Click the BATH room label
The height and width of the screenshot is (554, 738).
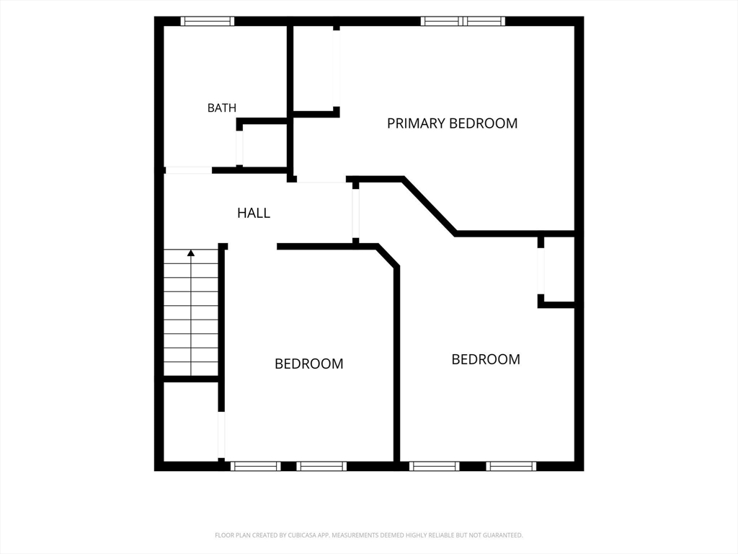click(x=222, y=108)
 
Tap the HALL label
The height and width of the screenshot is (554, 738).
click(x=254, y=213)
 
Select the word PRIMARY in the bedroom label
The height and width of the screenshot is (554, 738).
click(x=416, y=123)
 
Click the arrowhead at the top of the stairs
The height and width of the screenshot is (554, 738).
click(x=190, y=253)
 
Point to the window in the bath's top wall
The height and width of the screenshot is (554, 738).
click(x=208, y=21)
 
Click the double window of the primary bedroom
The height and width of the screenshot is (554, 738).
click(x=463, y=21)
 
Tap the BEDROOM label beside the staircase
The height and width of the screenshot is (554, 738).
click(x=308, y=364)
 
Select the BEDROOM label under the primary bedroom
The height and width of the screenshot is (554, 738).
click(x=486, y=359)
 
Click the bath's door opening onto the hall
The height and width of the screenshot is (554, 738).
click(x=188, y=170)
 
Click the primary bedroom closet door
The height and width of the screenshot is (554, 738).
click(x=336, y=69)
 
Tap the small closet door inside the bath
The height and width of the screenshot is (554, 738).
click(x=239, y=147)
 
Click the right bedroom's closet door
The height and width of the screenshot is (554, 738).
click(x=541, y=271)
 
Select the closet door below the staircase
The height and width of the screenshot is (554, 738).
click(x=221, y=435)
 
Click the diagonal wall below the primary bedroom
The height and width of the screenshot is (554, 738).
click(x=430, y=206)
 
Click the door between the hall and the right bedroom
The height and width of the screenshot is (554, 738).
click(x=356, y=214)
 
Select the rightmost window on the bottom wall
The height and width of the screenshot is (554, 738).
click(x=511, y=467)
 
